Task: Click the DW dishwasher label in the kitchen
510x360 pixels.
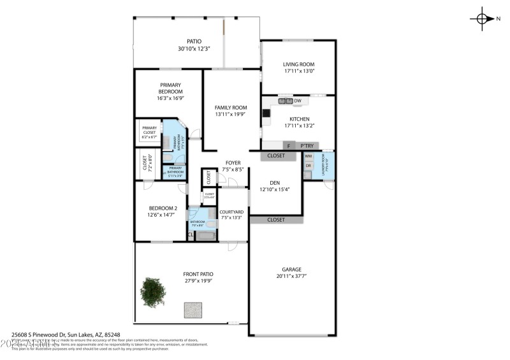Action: [x=298, y=101]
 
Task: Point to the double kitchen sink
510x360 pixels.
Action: [x=284, y=101]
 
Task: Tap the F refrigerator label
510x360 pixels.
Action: [x=289, y=145]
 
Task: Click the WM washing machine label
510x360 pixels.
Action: [x=308, y=156]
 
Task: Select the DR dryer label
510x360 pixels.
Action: [x=308, y=166]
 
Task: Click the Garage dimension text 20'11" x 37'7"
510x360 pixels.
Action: [x=292, y=276]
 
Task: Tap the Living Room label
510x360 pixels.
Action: [x=299, y=64]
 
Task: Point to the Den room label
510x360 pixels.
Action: [x=274, y=182]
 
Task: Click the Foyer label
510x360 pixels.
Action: [x=233, y=162]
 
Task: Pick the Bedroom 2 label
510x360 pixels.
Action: [x=163, y=208]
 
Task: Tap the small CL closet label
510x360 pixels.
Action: [x=190, y=235]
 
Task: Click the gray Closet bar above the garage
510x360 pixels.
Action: [x=275, y=220]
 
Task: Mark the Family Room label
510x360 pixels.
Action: [x=230, y=108]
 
